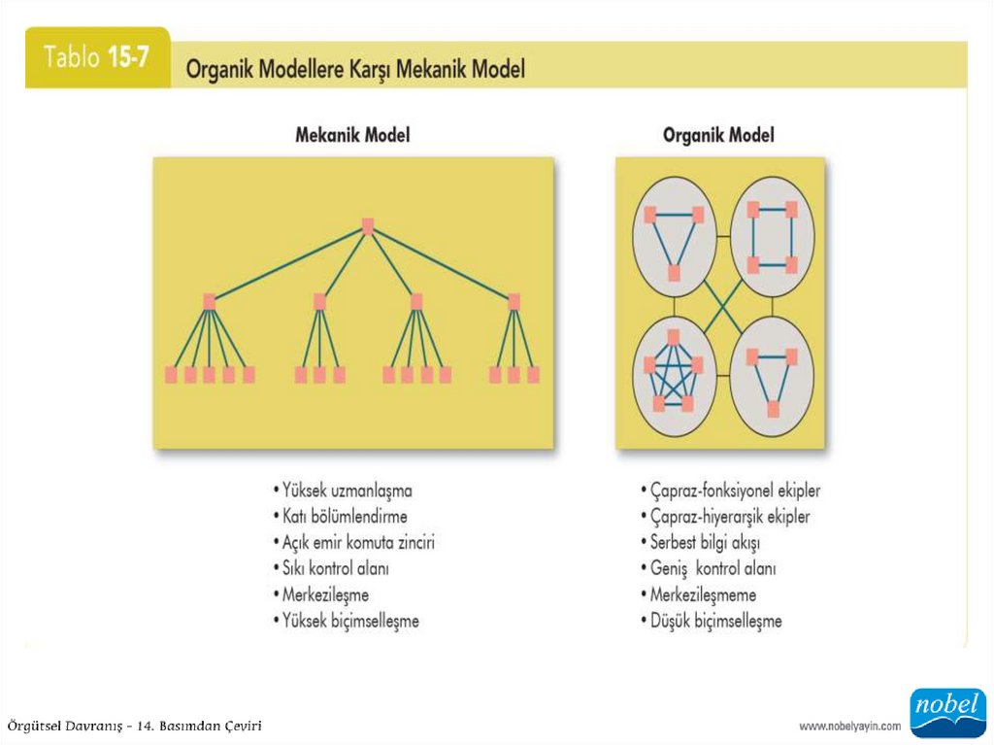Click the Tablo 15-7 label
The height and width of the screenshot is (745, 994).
pyautogui.click(x=97, y=57)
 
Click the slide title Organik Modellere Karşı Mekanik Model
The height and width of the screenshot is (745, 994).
pyautogui.click(x=355, y=70)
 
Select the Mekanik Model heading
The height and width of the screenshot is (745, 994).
pyautogui.click(x=352, y=135)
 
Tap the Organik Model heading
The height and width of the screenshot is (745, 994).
pyautogui.click(x=718, y=135)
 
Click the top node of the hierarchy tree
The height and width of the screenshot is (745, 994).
pyautogui.click(x=368, y=226)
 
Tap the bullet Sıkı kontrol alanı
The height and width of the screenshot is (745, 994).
pyautogui.click(x=336, y=568)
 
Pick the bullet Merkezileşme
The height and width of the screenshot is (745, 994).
pyautogui.click(x=325, y=594)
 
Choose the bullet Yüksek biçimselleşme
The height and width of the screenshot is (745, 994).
pyautogui.click(x=350, y=620)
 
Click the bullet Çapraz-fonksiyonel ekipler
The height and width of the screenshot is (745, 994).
pyautogui.click(x=735, y=491)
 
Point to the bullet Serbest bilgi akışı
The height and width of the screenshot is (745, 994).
pyautogui.click(x=705, y=542)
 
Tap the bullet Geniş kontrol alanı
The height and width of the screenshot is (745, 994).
pyautogui.click(x=712, y=568)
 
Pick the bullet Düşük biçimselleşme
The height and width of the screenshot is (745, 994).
pyautogui.click(x=715, y=620)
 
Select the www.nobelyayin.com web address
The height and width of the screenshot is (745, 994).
pyautogui.click(x=849, y=726)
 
